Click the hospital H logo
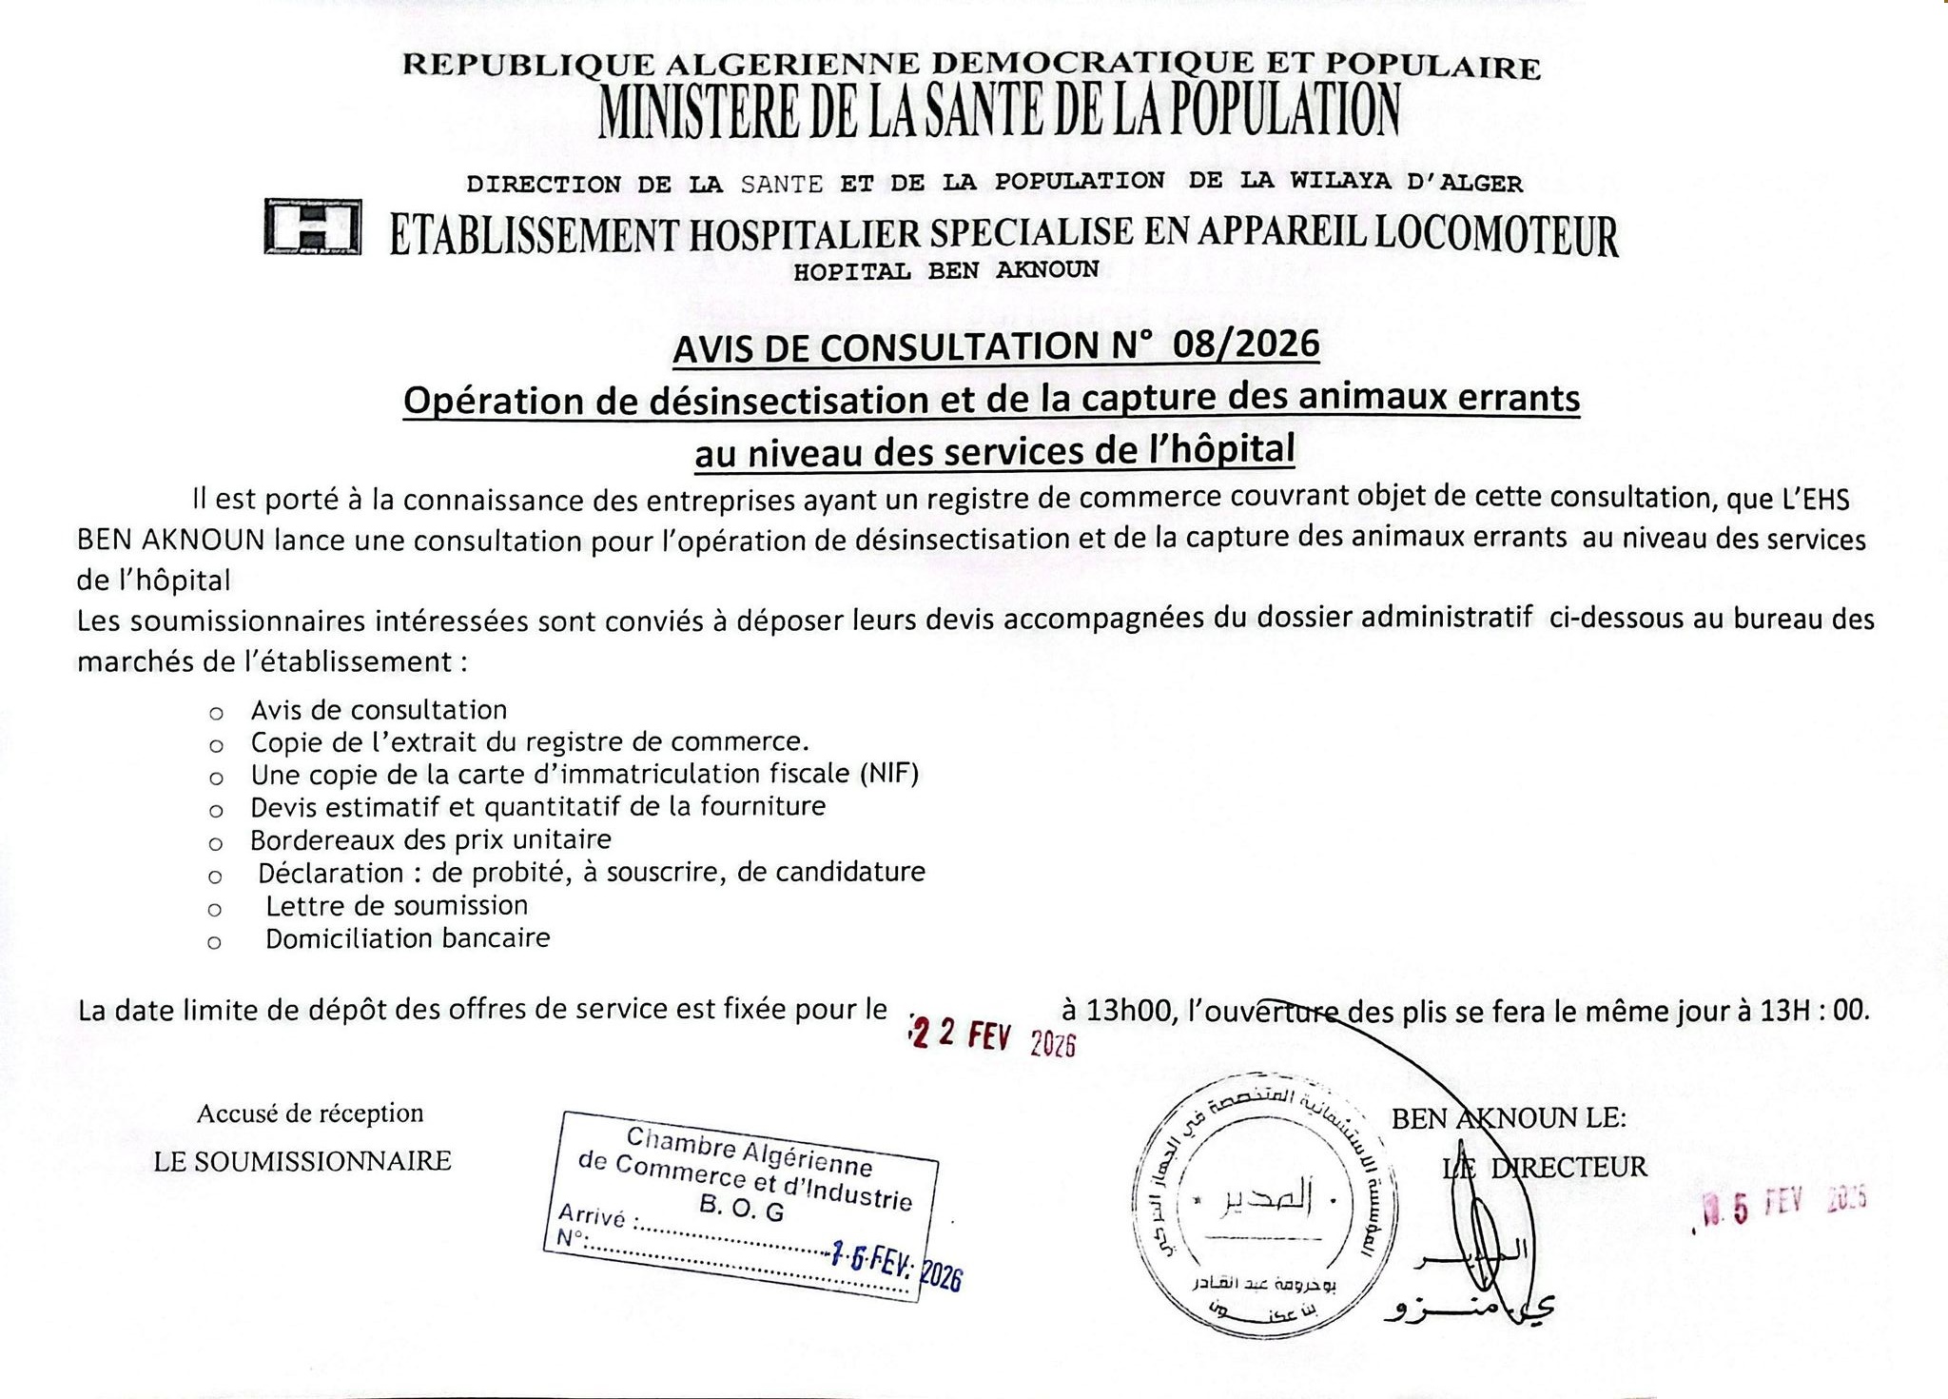tap(313, 227)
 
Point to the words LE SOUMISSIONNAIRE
tap(302, 1161)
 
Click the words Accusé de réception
tap(310, 1113)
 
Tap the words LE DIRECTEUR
tap(1545, 1167)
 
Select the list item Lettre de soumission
tap(397, 905)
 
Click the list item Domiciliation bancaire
tap(408, 938)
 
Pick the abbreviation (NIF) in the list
tap(889, 774)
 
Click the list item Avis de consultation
tap(379, 710)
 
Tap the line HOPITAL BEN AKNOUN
tap(945, 270)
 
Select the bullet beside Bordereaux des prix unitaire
tap(216, 843)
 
